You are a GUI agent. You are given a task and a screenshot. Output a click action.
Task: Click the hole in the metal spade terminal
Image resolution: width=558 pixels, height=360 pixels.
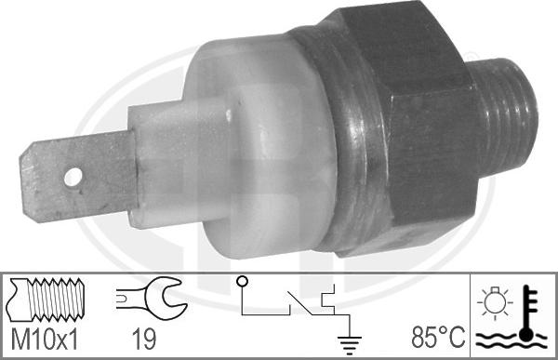[73, 177]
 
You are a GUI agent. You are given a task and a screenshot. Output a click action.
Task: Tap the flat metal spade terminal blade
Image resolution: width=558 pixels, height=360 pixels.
[78, 176]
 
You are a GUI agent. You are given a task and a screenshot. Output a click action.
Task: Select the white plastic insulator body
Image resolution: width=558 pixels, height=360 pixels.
[263, 146]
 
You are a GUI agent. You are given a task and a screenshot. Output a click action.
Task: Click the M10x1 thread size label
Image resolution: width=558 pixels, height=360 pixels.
[44, 339]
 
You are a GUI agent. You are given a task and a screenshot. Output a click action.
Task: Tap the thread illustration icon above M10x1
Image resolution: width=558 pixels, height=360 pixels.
[46, 300]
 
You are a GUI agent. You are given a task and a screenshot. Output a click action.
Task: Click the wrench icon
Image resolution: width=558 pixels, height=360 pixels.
[152, 299]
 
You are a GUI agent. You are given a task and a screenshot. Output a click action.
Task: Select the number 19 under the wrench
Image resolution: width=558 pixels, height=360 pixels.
[144, 339]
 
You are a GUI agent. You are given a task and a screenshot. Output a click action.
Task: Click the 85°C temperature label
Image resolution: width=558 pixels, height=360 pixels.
[438, 338]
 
